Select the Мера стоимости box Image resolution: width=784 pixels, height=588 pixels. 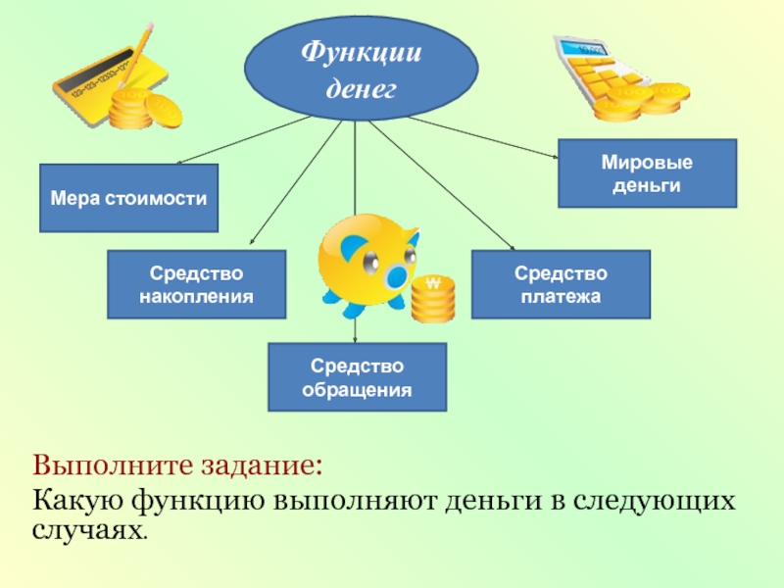click(128, 198)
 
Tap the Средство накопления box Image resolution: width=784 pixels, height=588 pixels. click(196, 284)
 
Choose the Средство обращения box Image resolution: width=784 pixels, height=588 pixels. click(358, 376)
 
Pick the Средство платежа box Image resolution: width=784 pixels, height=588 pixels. click(560, 284)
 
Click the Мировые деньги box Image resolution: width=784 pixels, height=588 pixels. click(647, 173)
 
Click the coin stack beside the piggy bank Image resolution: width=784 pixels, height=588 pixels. click(432, 299)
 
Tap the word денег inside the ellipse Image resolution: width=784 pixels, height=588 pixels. click(360, 88)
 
